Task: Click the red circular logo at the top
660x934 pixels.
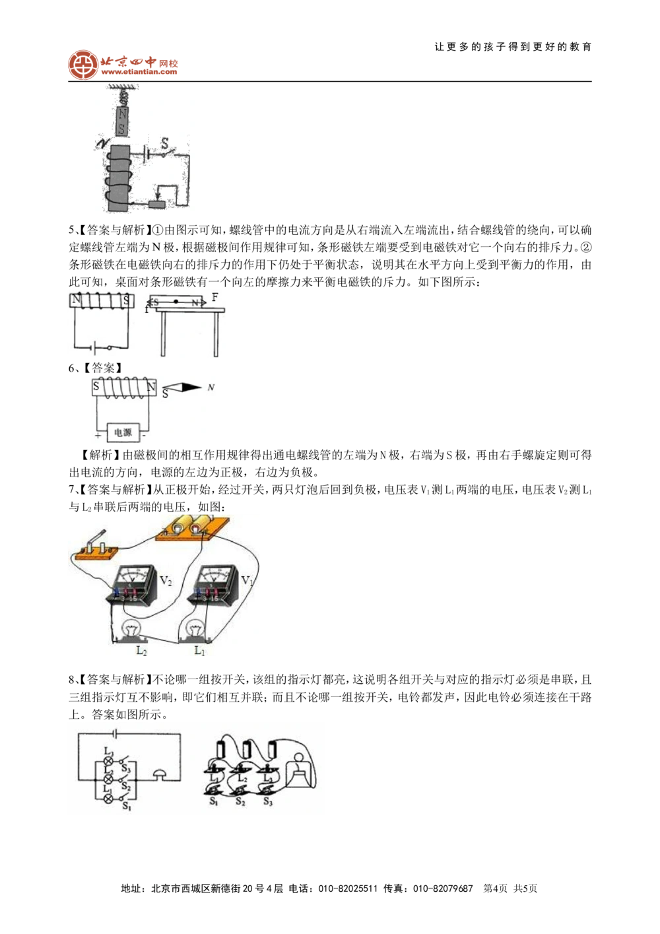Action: (82, 64)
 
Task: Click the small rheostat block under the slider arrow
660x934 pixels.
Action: (158, 203)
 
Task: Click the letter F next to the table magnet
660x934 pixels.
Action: (215, 298)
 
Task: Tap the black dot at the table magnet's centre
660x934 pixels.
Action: (176, 302)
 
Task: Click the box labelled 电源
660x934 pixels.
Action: (123, 433)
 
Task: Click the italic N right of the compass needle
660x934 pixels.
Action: (211, 387)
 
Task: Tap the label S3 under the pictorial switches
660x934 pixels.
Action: (268, 801)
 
